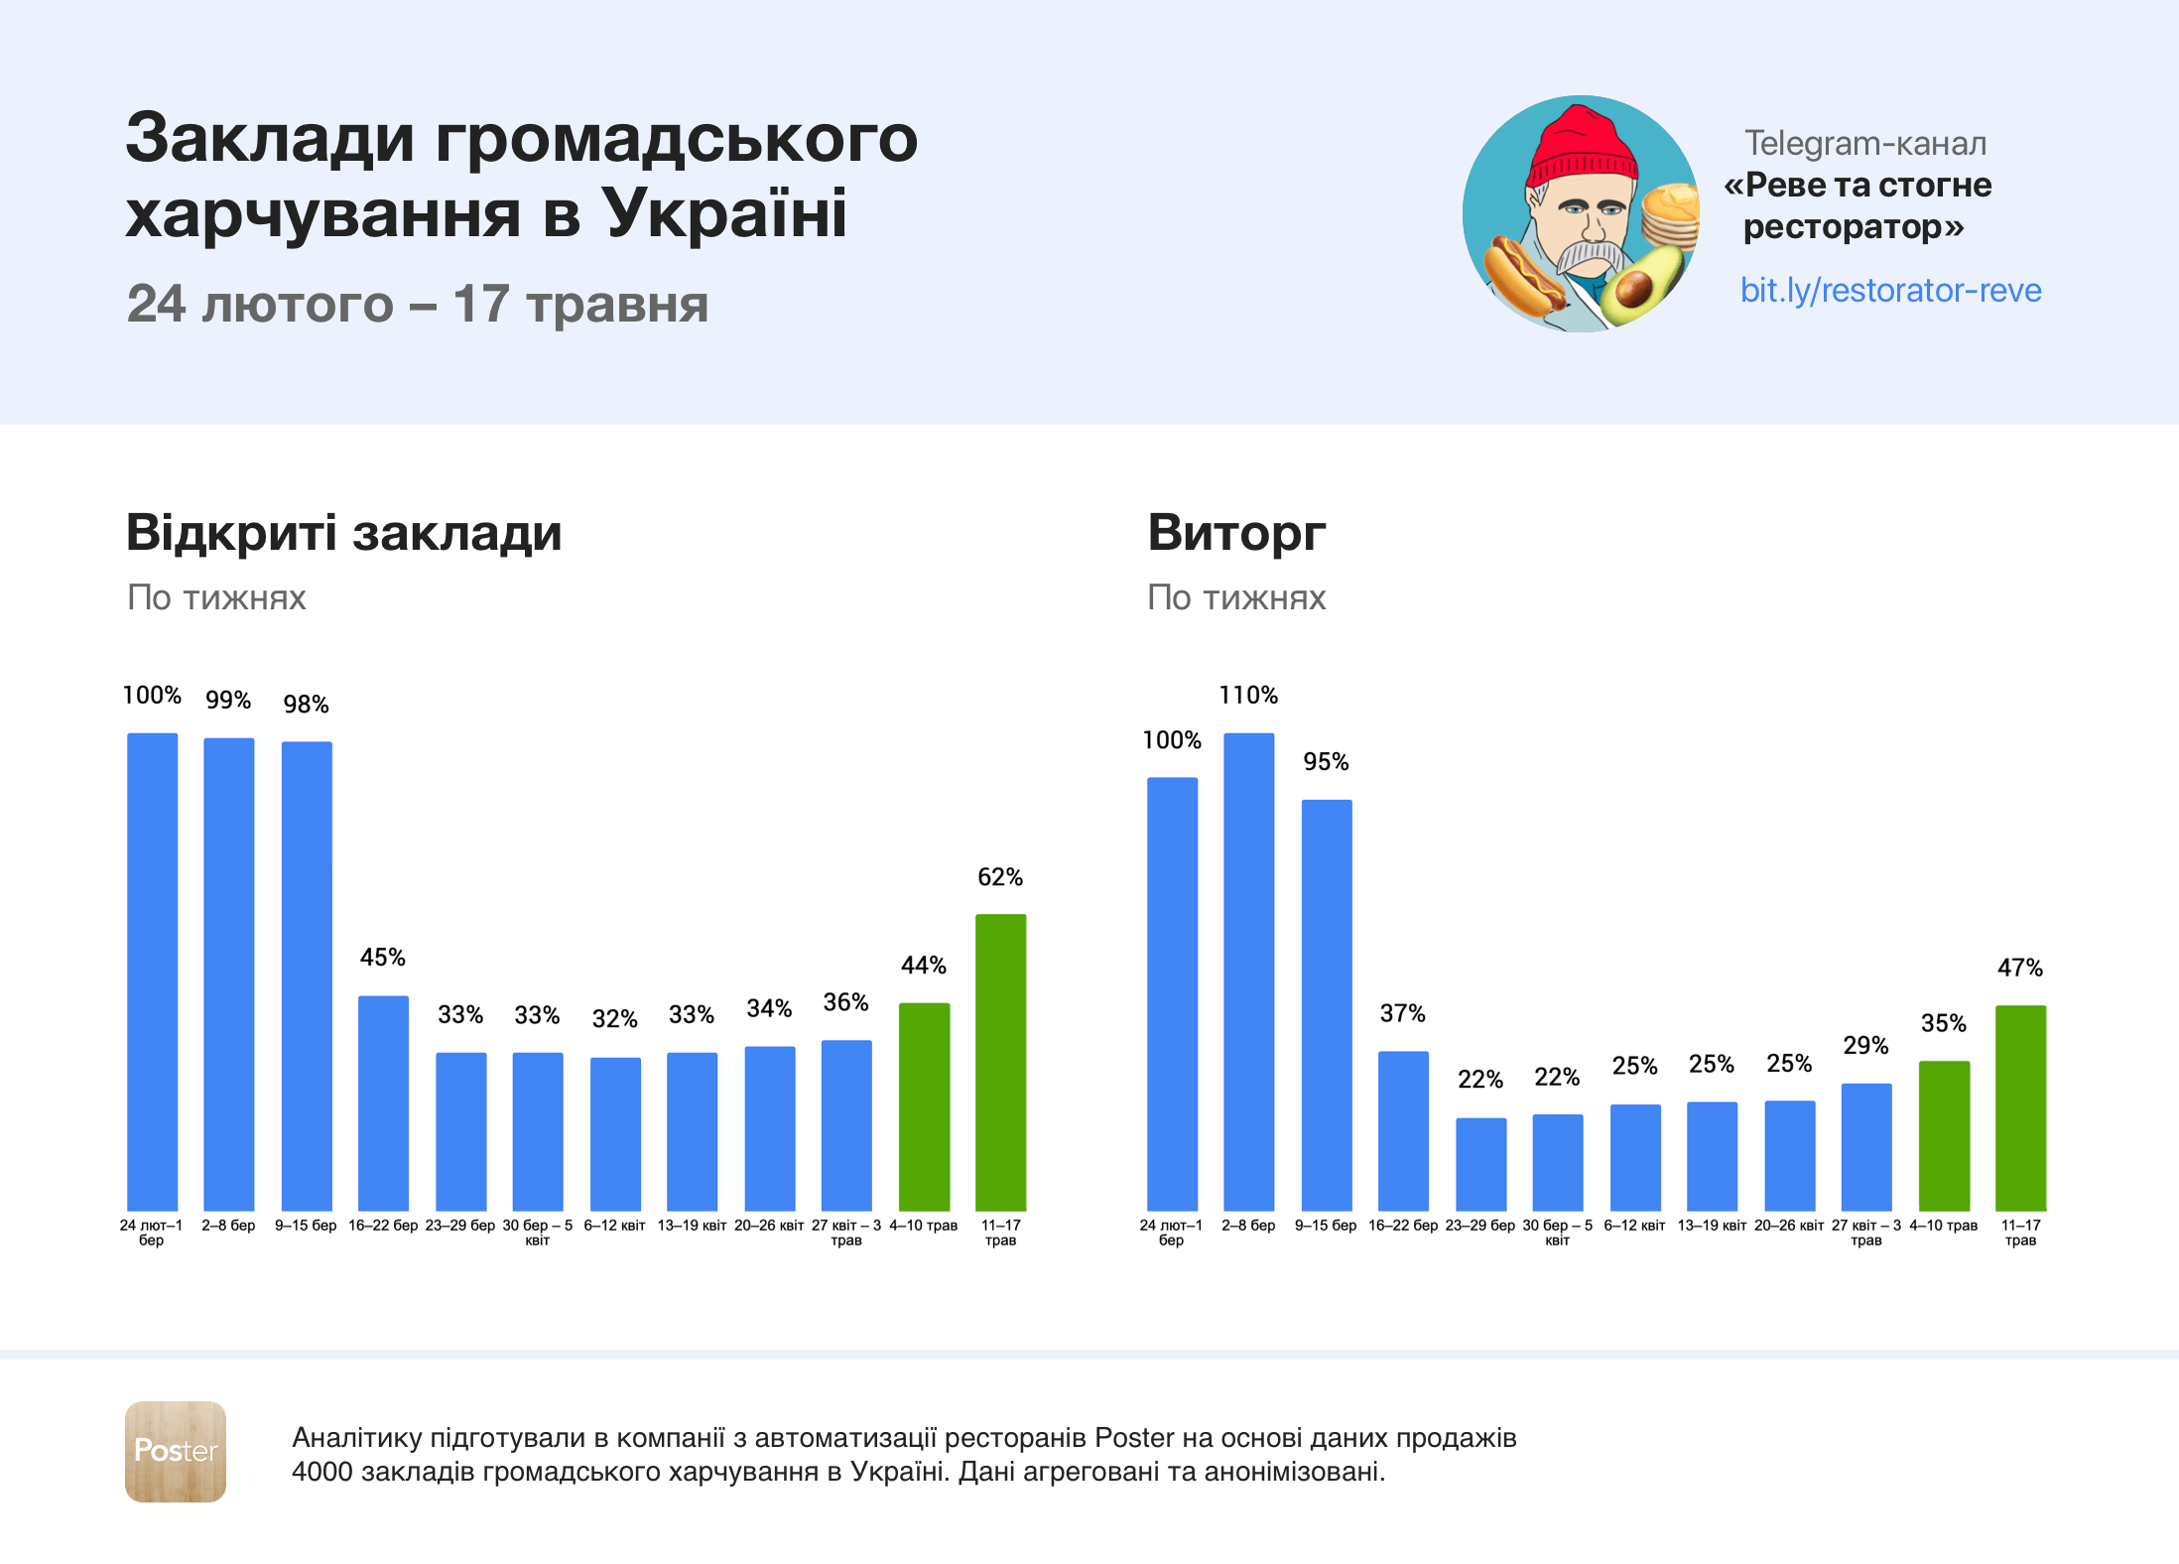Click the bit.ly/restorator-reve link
1890,290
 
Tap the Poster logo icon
176,1451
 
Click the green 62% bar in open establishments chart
1000,1062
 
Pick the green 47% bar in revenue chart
2020,1108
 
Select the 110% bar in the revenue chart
1248,973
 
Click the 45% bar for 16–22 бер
383,1103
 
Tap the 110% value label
1248,695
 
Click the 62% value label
1000,877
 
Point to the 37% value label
1402,1013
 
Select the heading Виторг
1236,533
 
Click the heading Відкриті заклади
343,533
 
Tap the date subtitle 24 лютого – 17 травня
418,304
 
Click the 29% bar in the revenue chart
1866,1146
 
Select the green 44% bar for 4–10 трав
924,1107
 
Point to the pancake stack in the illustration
1669,214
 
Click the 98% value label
306,705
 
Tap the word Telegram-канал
1865,144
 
